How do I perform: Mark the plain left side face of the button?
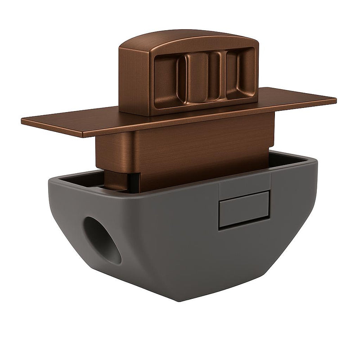[x=134, y=79]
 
